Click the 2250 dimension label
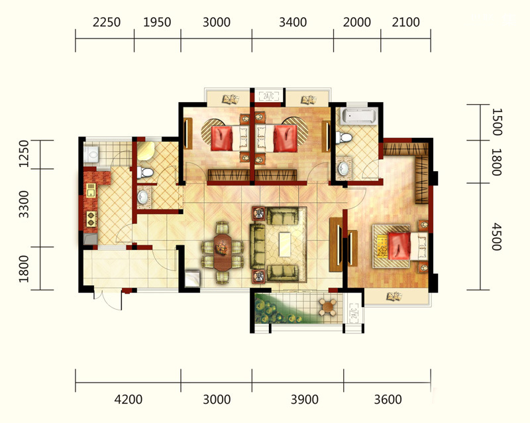point(107,23)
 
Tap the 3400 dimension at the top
point(293,23)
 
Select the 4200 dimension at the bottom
point(128,400)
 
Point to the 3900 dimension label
point(305,400)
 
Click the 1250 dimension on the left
point(24,154)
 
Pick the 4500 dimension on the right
point(496,236)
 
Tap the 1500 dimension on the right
point(496,122)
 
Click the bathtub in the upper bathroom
point(358,116)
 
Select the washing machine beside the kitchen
point(91,155)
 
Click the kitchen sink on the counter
point(91,190)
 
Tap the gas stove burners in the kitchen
point(91,219)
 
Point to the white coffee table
point(285,245)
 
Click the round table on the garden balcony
point(328,307)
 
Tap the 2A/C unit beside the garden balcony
point(354,314)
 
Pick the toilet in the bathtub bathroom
point(344,138)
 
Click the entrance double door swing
point(108,300)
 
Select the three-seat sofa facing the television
point(258,247)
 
